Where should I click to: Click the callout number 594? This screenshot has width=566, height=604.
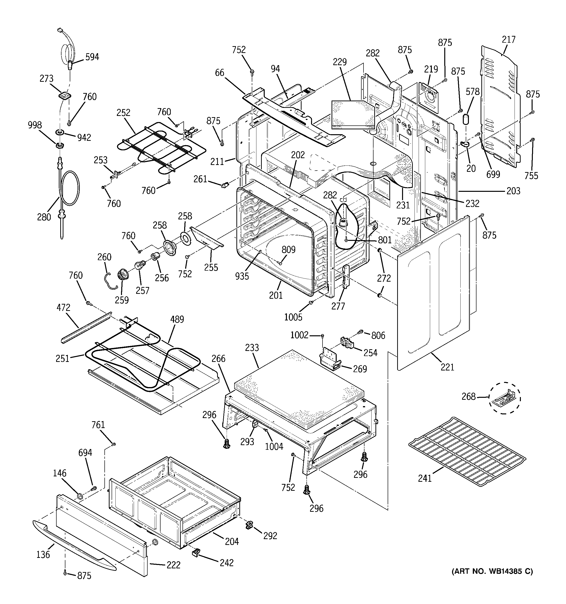click(x=92, y=57)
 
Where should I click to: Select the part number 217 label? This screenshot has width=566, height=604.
click(x=509, y=40)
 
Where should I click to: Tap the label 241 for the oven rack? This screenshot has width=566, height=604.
click(x=425, y=479)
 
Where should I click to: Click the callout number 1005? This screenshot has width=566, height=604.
click(x=293, y=317)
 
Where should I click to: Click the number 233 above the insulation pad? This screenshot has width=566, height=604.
click(x=252, y=348)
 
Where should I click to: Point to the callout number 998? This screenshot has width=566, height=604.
click(x=35, y=125)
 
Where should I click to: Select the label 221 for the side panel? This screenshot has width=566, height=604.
click(x=447, y=367)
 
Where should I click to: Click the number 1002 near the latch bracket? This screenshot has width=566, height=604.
click(x=299, y=335)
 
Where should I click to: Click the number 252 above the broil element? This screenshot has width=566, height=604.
click(x=123, y=113)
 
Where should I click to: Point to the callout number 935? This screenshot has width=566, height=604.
click(x=242, y=276)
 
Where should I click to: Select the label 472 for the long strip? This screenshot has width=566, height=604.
click(x=63, y=307)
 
